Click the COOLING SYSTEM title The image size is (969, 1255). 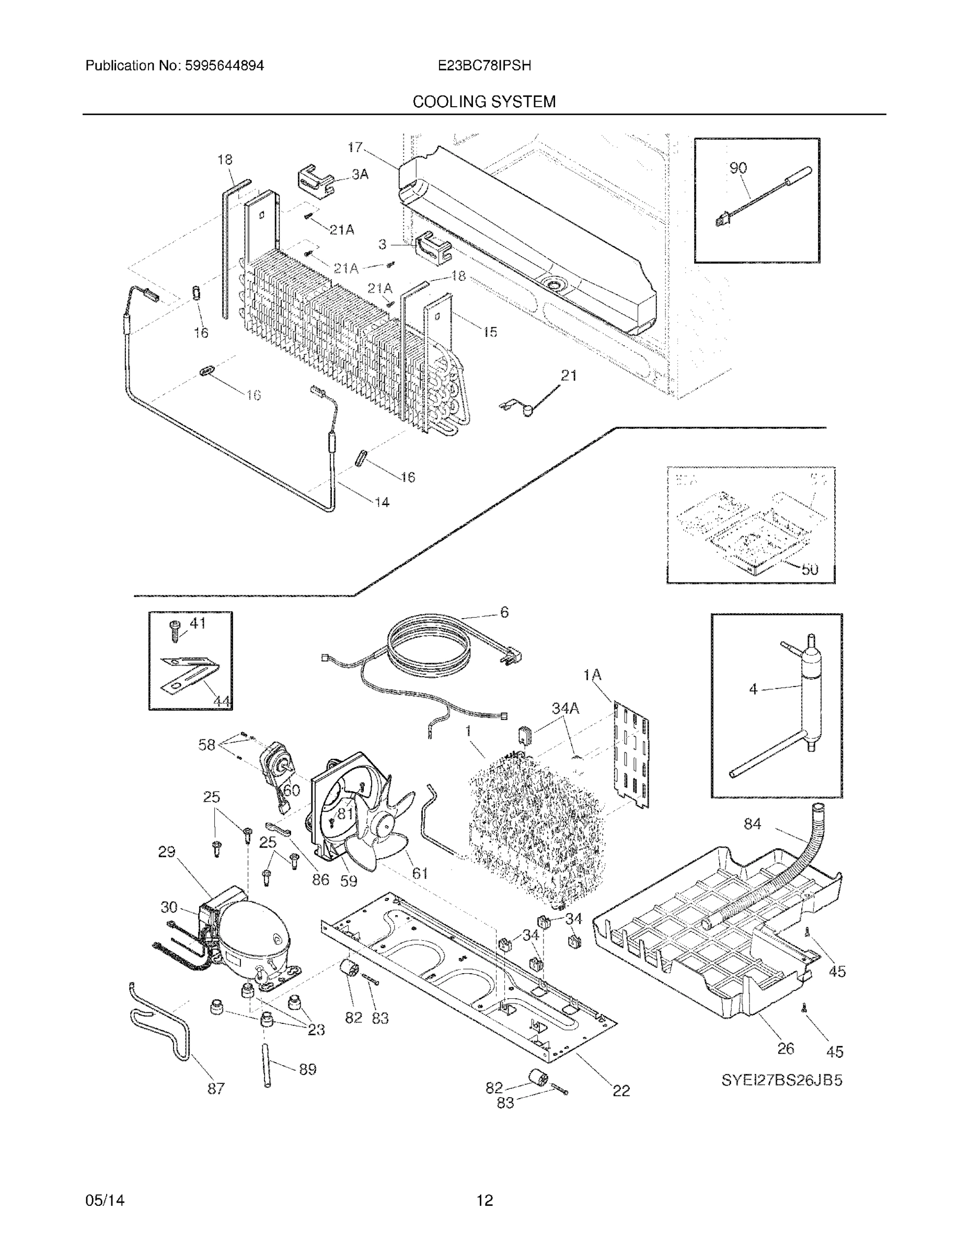tap(483, 102)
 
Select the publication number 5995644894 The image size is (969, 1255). tap(224, 65)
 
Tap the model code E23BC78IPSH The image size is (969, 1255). tap(483, 65)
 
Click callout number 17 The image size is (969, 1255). tap(355, 147)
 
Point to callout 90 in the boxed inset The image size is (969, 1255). tap(737, 168)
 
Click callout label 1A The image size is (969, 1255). tap(592, 675)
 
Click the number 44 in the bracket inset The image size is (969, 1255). tap(222, 701)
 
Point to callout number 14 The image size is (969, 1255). tap(382, 502)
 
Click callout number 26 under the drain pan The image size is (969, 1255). tap(785, 1048)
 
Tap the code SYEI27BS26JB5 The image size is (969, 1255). tap(781, 1080)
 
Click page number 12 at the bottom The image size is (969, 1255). tap(484, 1201)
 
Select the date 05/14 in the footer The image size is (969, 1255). tap(105, 1201)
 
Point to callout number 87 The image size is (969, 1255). tap(216, 1088)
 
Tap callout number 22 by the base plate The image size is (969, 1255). tap(621, 1090)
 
